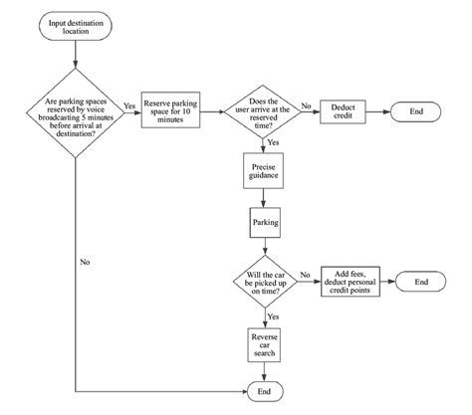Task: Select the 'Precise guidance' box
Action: pyautogui.click(x=263, y=172)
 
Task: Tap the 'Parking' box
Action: pyautogui.click(x=263, y=223)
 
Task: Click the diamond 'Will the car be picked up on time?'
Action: pyautogui.click(x=263, y=282)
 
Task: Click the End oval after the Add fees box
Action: pyautogui.click(x=423, y=282)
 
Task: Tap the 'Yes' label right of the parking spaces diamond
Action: pyautogui.click(x=128, y=105)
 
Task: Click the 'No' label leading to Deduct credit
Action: pyautogui.click(x=306, y=105)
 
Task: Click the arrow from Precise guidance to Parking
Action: pyautogui.click(x=263, y=198)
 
